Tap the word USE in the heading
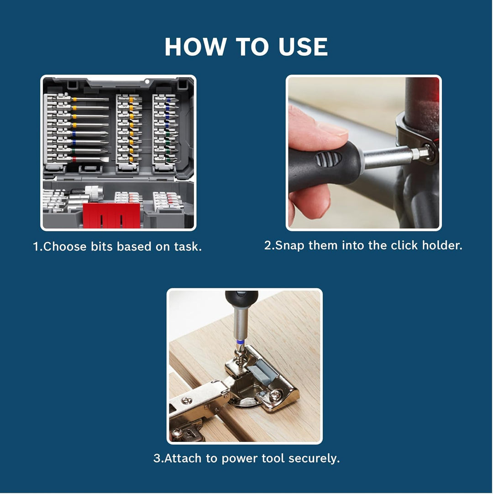click(x=303, y=47)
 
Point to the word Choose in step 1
click(x=64, y=246)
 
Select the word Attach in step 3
click(x=183, y=458)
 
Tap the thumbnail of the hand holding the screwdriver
click(x=363, y=153)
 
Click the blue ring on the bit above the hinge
click(x=241, y=342)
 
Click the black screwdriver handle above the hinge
click(x=241, y=299)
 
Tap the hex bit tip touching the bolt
click(x=424, y=152)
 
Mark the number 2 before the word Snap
click(x=267, y=245)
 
